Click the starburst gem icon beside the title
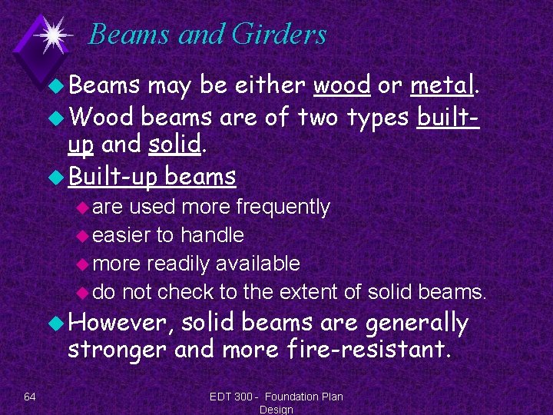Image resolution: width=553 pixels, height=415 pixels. click(51, 35)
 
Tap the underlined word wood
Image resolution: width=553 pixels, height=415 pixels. click(342, 86)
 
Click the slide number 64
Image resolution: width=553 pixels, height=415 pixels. click(30, 397)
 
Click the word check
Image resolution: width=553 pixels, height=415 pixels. click(184, 292)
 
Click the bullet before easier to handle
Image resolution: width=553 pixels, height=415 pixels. click(83, 236)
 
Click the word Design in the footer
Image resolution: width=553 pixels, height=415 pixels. click(276, 410)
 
